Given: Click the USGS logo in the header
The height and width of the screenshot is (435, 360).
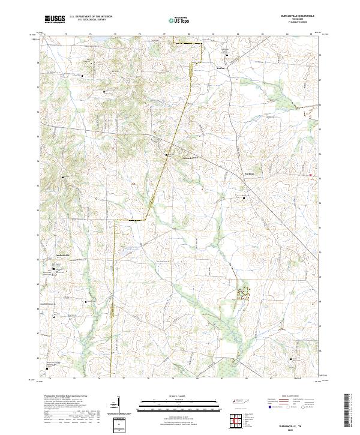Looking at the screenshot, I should [x=55, y=19].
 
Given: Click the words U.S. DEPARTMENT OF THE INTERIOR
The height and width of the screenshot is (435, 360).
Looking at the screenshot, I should [x=91, y=17].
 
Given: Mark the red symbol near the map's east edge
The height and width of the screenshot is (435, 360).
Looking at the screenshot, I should [x=310, y=175].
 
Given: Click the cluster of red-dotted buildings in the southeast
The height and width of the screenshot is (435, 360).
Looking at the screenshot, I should [x=243, y=293].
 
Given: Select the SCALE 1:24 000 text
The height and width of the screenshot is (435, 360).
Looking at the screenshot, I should [x=180, y=397].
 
